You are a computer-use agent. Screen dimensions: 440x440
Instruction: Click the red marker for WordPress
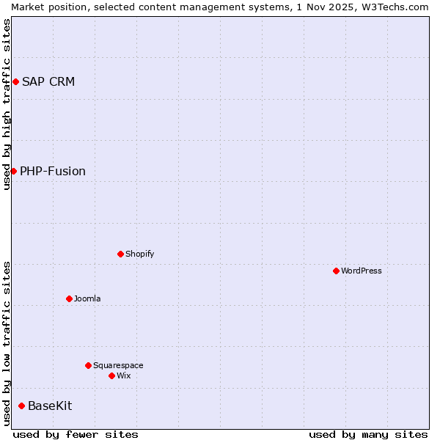[x=336, y=271]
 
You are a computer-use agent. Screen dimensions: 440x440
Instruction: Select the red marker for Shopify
[x=120, y=254]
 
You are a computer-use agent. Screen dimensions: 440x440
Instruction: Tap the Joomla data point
[x=69, y=298]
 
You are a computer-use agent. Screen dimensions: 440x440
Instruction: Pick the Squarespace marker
[x=88, y=365]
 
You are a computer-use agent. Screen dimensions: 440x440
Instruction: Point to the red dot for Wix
[x=111, y=375]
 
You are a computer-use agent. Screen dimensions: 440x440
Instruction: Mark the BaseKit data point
[x=21, y=406]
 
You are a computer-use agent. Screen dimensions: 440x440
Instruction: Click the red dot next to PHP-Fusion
[x=13, y=171]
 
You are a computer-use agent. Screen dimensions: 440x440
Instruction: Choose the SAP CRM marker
[x=15, y=81]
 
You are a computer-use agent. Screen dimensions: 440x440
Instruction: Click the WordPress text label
[x=362, y=271]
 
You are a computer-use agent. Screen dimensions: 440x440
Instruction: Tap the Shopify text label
[x=139, y=254]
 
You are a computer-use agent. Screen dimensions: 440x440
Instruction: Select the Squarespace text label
[x=118, y=365]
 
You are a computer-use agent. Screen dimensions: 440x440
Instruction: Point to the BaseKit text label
[x=50, y=406]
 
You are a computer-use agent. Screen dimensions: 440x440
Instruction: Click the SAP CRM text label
[x=48, y=81]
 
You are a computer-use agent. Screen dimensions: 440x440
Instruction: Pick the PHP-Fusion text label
[x=53, y=171]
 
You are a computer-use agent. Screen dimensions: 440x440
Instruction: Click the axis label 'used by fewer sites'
[x=76, y=434]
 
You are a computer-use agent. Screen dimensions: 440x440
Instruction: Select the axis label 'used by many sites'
[x=368, y=434]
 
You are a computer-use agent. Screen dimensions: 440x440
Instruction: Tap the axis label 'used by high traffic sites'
[x=7, y=104]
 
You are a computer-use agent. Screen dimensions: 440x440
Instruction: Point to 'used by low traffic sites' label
[x=7, y=343]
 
